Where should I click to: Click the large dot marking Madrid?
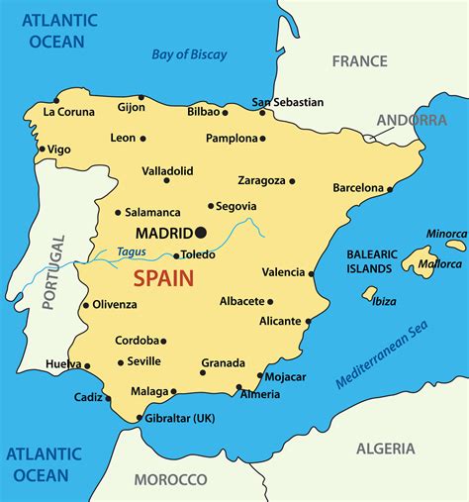tap(201, 233)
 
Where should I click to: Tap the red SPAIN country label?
tap(164, 278)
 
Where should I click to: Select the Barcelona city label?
tap(357, 187)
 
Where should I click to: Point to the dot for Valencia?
tap(312, 273)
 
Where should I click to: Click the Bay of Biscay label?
tap(189, 54)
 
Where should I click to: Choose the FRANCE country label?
tap(359, 60)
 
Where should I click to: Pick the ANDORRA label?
tap(411, 120)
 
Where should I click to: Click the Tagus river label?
tap(132, 251)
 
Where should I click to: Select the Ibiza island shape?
tap(370, 293)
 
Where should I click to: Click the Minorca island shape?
tap(455, 245)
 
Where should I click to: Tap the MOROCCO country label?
tap(170, 479)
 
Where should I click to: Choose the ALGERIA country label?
tap(385, 449)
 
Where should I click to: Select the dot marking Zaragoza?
tap(292, 181)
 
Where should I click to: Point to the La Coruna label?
tap(67, 112)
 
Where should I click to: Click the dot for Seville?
tap(121, 362)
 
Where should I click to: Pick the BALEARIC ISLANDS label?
tap(370, 260)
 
